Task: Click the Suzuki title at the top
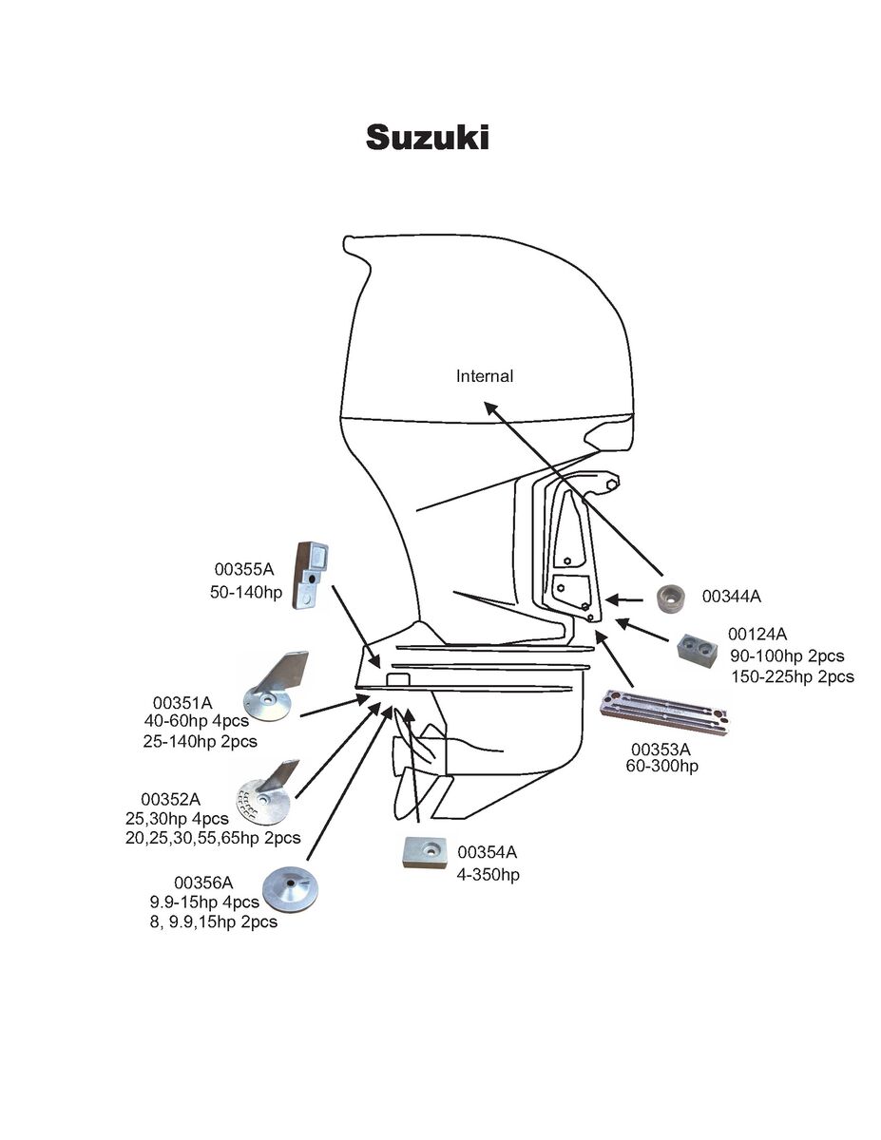pyautogui.click(x=428, y=138)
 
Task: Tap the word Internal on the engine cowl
pyautogui.click(x=485, y=376)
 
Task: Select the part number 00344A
pyautogui.click(x=732, y=597)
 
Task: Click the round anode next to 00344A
pyautogui.click(x=677, y=599)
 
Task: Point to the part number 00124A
pyautogui.click(x=757, y=634)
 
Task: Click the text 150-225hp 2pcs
pyautogui.click(x=793, y=677)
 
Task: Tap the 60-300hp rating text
pyautogui.click(x=661, y=765)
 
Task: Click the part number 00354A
pyautogui.click(x=488, y=851)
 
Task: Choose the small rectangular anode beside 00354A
pyautogui.click(x=425, y=852)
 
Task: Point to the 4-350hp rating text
pyautogui.click(x=488, y=874)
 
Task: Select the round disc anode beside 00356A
pyautogui.click(x=290, y=887)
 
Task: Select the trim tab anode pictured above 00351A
pyautogui.click(x=274, y=686)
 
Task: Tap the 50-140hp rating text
pyautogui.click(x=246, y=592)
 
